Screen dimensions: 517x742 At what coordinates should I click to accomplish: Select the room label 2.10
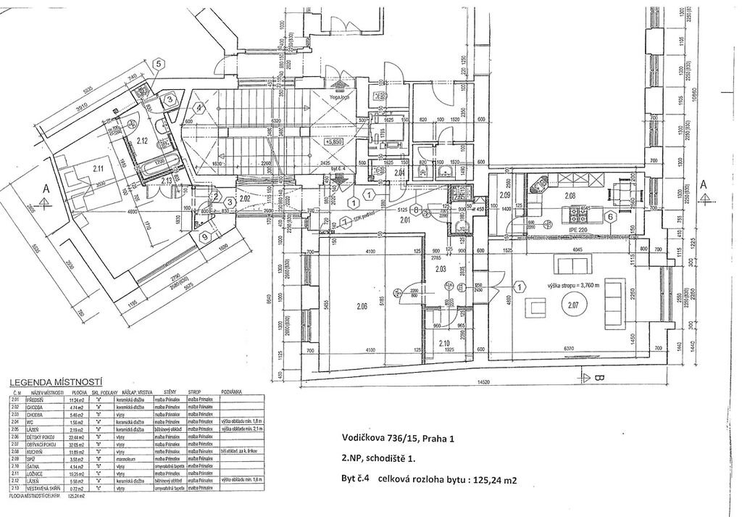445,343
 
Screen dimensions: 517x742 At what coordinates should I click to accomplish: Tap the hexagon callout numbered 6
610,216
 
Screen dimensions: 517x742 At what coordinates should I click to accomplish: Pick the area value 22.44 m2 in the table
75,439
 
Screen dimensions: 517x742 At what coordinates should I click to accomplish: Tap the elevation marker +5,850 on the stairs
334,142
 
